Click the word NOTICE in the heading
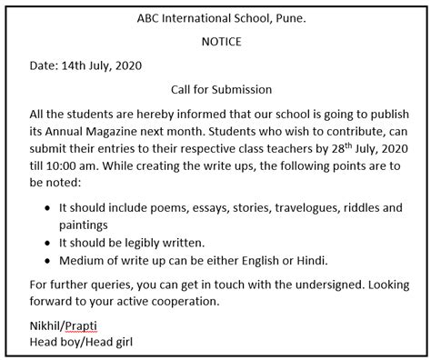tap(215, 41)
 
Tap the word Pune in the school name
tap(292, 17)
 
